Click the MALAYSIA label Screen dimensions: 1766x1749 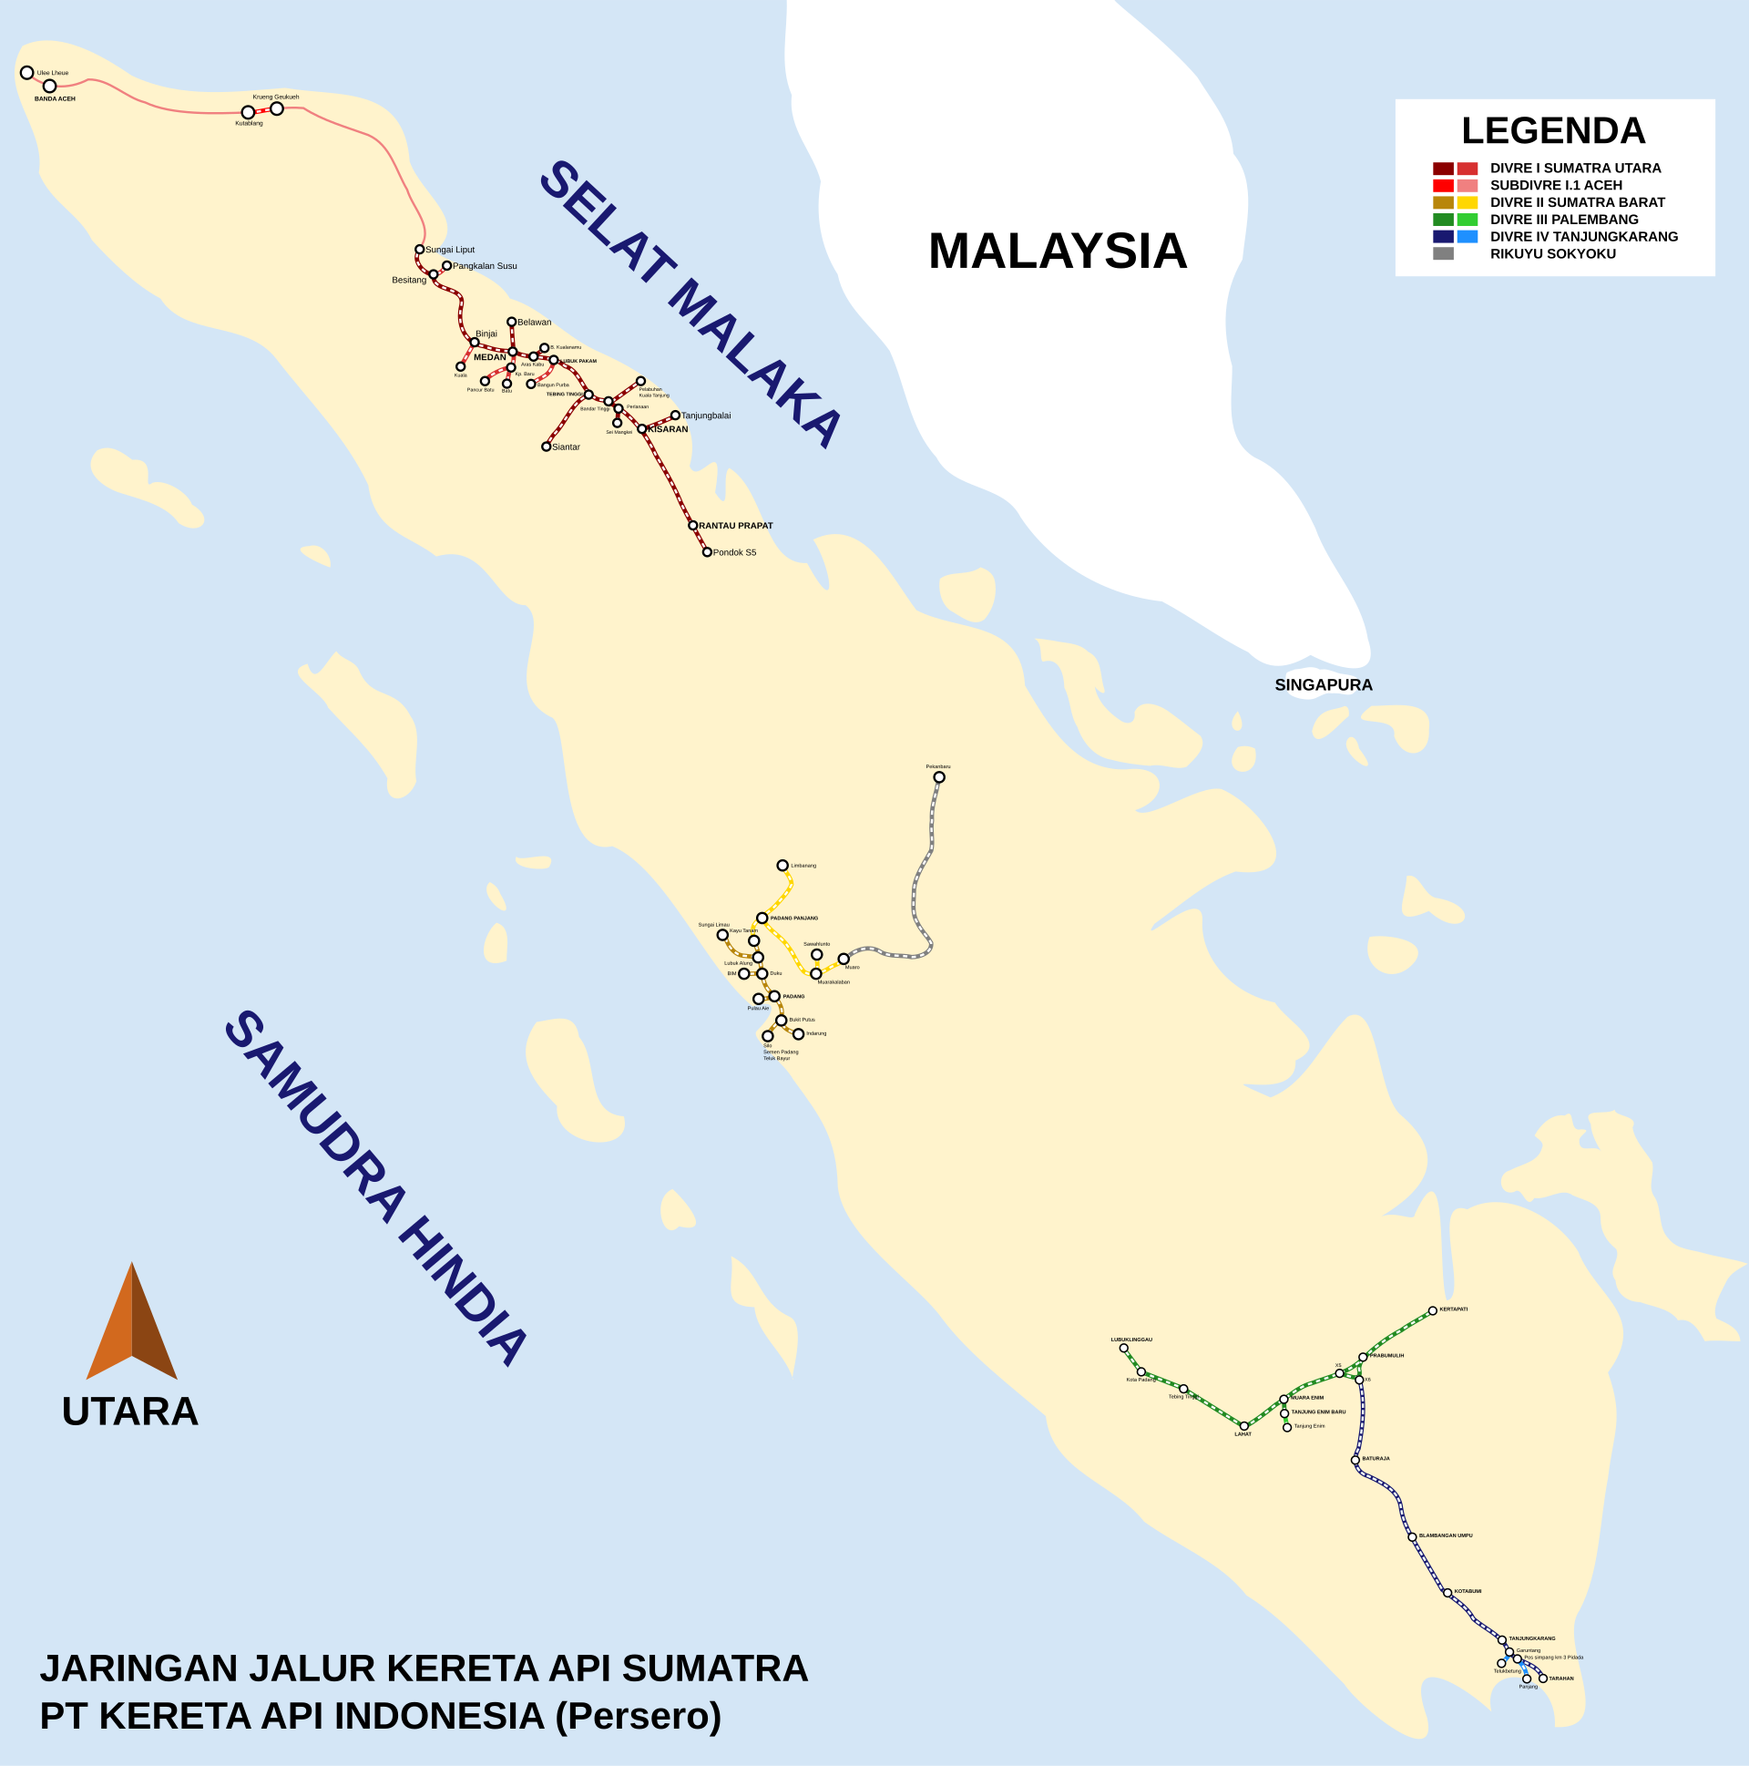pyautogui.click(x=1058, y=252)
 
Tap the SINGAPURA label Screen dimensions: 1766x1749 pyautogui.click(x=1324, y=684)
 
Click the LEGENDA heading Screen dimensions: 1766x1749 pyautogui.click(x=1552, y=130)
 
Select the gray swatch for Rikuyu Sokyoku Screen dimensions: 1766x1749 pyautogui.click(x=1443, y=253)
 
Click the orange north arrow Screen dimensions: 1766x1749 pyautogui.click(x=131, y=1325)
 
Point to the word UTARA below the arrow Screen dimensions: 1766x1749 pyautogui.click(x=129, y=1412)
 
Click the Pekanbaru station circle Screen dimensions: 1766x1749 pyautogui.click(x=938, y=777)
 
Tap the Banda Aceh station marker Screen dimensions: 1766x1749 pyautogui.click(x=49, y=86)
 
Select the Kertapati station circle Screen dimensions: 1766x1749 pyautogui.click(x=1432, y=1310)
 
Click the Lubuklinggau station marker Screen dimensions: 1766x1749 pyautogui.click(x=1123, y=1349)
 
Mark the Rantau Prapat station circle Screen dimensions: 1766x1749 pyautogui.click(x=692, y=526)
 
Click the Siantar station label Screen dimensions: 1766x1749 pyautogui.click(x=566, y=447)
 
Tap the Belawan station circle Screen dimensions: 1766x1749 pyautogui.click(x=511, y=322)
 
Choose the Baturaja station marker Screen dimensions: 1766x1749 pyautogui.click(x=1355, y=1460)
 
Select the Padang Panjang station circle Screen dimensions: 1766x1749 pyautogui.click(x=762, y=918)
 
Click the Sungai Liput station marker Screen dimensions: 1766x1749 pyautogui.click(x=419, y=250)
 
